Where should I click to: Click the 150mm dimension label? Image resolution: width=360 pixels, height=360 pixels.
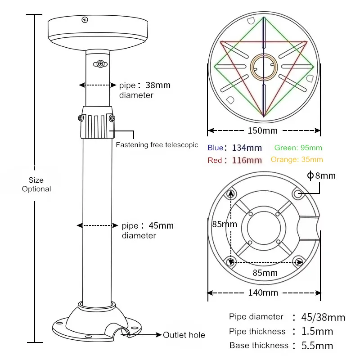click(x=264, y=130)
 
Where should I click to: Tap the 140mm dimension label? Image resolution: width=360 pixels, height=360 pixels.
click(x=264, y=292)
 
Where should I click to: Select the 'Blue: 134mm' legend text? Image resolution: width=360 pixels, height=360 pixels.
click(x=234, y=148)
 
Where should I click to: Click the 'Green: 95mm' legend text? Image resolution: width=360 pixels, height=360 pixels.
click(x=298, y=148)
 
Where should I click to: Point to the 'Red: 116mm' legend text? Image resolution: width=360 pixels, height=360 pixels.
click(x=234, y=160)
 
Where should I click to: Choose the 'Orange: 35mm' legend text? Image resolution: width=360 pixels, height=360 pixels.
click(x=297, y=160)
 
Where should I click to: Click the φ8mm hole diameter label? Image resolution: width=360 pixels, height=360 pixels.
click(x=321, y=175)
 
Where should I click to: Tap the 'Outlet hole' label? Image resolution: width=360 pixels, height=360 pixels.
click(x=184, y=335)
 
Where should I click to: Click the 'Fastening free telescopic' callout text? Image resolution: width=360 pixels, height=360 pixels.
click(x=157, y=145)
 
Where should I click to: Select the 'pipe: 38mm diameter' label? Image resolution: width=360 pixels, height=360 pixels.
click(x=144, y=90)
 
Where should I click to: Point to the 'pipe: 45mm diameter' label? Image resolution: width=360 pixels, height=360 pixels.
click(x=147, y=230)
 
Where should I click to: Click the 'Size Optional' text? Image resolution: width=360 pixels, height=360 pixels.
click(x=36, y=184)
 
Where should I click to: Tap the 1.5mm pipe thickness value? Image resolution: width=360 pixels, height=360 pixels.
click(x=318, y=332)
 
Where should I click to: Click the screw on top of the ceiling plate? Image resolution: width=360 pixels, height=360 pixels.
click(x=85, y=19)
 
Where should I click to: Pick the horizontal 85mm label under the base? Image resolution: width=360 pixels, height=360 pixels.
click(x=265, y=273)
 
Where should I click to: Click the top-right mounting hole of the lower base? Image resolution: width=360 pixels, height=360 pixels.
click(x=297, y=194)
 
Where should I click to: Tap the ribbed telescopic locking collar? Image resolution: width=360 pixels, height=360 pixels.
click(x=97, y=122)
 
